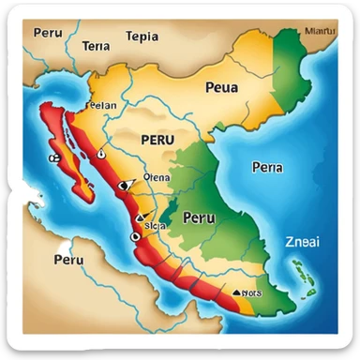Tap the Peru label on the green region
tap(198, 217)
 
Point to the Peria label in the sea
tap(267, 167)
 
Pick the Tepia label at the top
tap(142, 38)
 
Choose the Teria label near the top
tap(96, 45)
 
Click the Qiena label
tap(156, 176)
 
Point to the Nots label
tap(250, 292)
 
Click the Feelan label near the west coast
tap(101, 106)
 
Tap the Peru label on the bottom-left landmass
tap(68, 260)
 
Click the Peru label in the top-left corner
tap(48, 32)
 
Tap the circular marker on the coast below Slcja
tap(134, 237)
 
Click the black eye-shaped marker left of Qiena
tap(123, 186)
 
